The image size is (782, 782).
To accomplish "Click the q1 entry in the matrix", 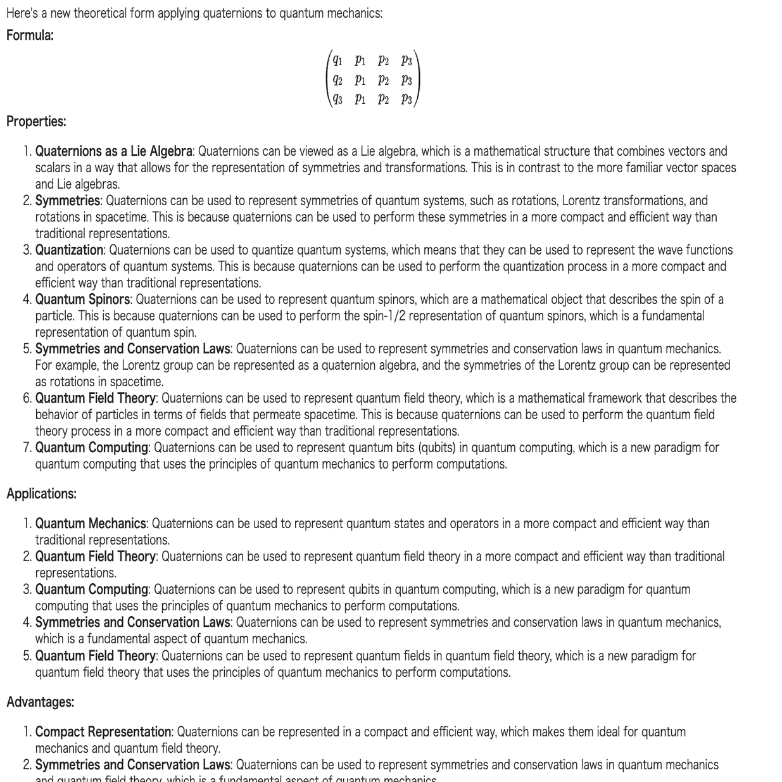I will click(x=338, y=61).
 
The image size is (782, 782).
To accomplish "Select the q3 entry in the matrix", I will click(x=338, y=99).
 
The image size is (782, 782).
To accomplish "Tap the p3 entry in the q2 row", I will click(x=407, y=80).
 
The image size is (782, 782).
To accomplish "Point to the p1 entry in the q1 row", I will click(x=360, y=61).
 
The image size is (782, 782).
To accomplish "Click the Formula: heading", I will click(x=30, y=35).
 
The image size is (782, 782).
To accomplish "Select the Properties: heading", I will click(x=36, y=121).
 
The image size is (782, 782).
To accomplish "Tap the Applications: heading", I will click(x=41, y=494).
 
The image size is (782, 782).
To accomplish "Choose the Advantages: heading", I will click(x=40, y=702).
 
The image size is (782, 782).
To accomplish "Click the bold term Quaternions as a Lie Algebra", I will click(x=113, y=151).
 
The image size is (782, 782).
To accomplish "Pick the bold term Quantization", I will click(x=69, y=250).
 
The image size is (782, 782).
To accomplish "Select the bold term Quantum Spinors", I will click(x=82, y=300).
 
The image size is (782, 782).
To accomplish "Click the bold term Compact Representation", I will click(x=103, y=732).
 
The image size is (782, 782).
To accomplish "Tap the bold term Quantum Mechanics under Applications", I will click(x=91, y=524).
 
